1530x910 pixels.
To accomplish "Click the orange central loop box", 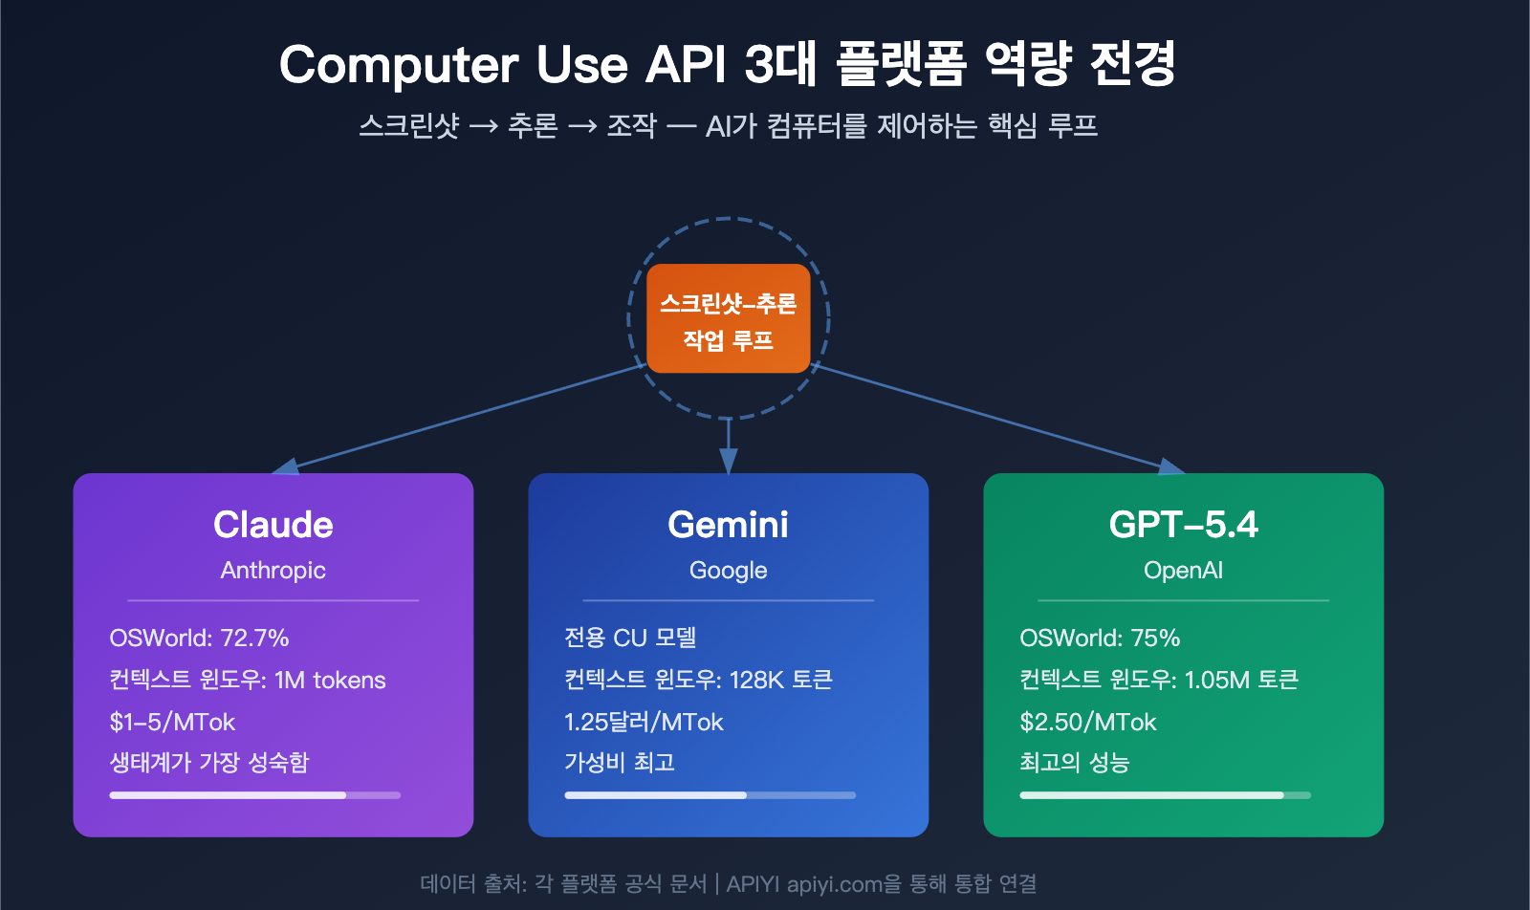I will (x=728, y=318).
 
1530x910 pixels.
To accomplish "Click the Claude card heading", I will (x=273, y=525).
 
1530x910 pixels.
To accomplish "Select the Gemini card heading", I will (x=728, y=525).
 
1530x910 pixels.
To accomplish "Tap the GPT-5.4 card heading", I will (x=1183, y=525).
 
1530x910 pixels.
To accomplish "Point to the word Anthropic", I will (x=273, y=571).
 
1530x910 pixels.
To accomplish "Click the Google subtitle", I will (x=728, y=571).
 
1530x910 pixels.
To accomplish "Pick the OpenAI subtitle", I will (x=1183, y=571).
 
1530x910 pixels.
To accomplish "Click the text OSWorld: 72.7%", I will (x=199, y=638).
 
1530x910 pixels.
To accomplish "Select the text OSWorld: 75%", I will (x=1100, y=638).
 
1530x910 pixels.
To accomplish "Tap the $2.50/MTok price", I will (x=1088, y=722).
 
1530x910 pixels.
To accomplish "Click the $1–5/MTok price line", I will (x=172, y=722).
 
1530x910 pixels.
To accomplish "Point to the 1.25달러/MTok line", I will (x=644, y=722).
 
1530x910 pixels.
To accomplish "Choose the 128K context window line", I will (x=698, y=680).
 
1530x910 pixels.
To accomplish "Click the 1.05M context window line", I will (x=1159, y=680).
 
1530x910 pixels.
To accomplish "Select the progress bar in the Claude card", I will (x=254, y=795).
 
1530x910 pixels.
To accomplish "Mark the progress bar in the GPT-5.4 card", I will (x=1165, y=795).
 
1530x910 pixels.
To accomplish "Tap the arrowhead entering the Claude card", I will (x=286, y=467).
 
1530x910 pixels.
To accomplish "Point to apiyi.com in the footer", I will (x=834, y=884).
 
